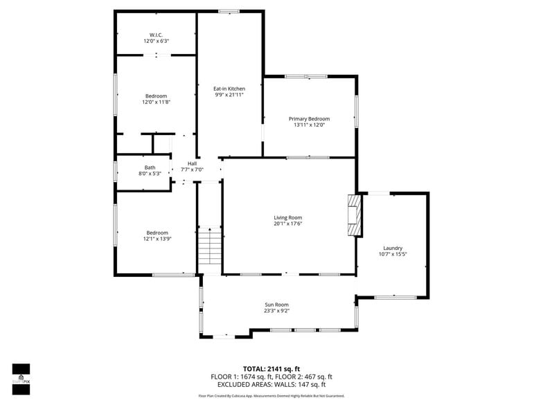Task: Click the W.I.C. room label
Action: pos(156,35)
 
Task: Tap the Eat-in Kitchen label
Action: pos(229,89)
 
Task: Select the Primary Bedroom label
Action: pos(309,118)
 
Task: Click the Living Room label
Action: pos(287,217)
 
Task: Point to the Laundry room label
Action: pos(393,248)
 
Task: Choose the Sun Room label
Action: pos(276,305)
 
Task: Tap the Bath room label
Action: pos(150,168)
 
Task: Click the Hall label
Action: pos(192,163)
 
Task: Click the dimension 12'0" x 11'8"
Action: pos(156,102)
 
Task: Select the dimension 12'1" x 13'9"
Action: pos(157,239)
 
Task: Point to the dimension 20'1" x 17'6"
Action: pos(287,224)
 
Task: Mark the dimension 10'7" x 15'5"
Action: pos(393,254)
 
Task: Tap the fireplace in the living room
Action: pos(354,215)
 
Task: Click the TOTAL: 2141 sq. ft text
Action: pos(271,369)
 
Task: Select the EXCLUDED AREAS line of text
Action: pos(271,384)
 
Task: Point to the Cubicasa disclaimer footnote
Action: pos(271,397)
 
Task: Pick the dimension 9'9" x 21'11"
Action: pos(229,95)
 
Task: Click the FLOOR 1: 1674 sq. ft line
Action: pos(239,377)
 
